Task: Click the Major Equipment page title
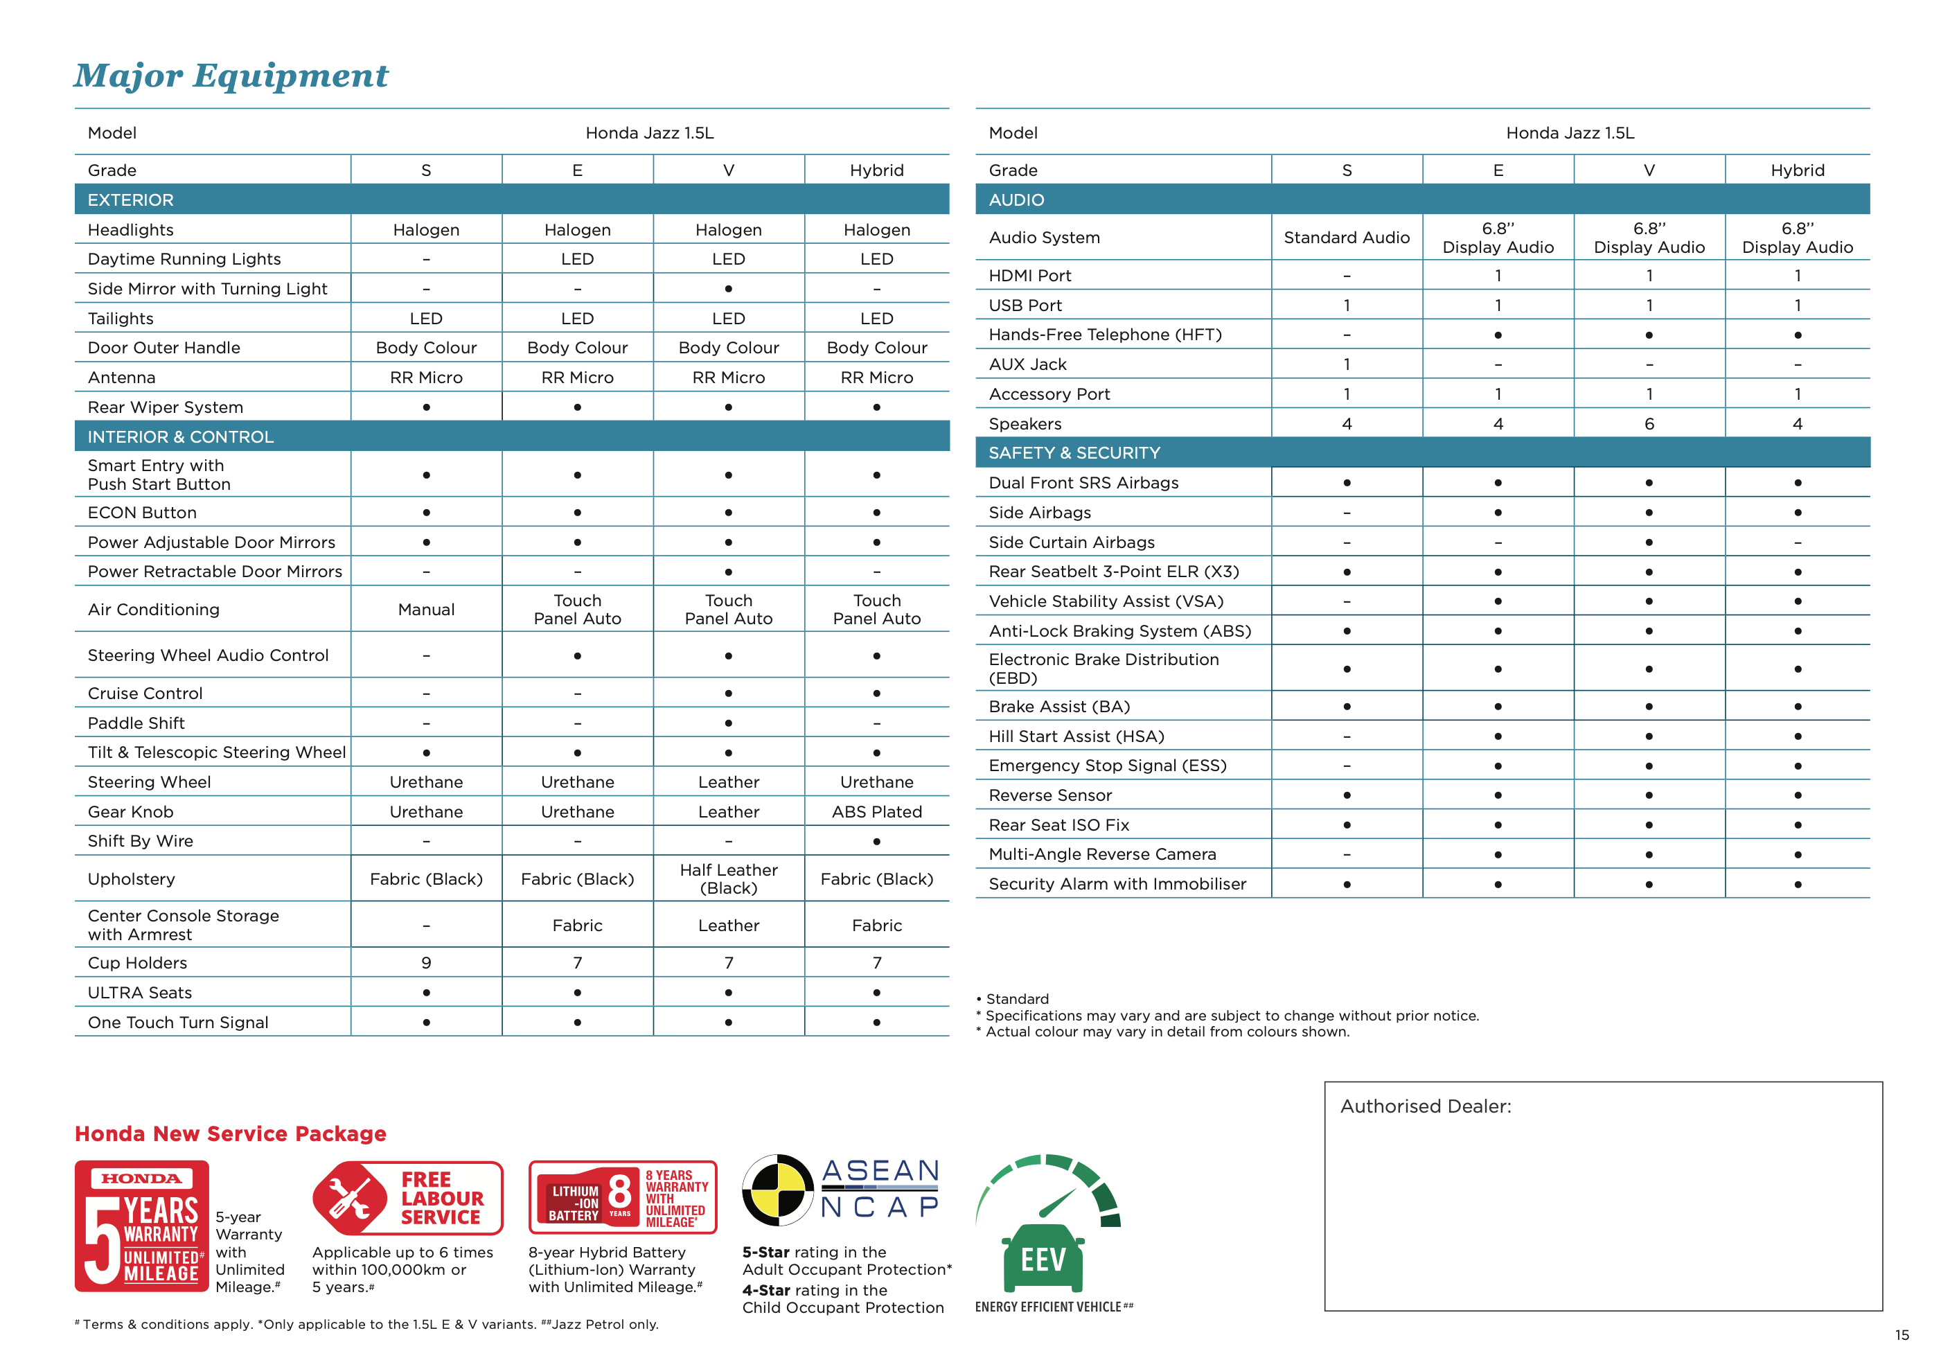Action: click(x=230, y=76)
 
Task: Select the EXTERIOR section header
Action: click(x=130, y=200)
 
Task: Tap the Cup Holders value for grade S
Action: click(x=426, y=962)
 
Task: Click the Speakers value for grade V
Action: click(x=1649, y=423)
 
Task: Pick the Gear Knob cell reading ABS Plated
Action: click(x=877, y=812)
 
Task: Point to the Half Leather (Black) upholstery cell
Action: click(x=728, y=878)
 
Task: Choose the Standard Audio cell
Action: click(x=1346, y=238)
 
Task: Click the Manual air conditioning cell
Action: click(x=426, y=610)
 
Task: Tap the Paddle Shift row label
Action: click(x=136, y=723)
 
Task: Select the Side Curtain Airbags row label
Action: click(x=1071, y=542)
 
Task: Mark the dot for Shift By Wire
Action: click(x=877, y=841)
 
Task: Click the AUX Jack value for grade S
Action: click(x=1346, y=364)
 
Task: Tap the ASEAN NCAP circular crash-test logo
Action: click(x=778, y=1190)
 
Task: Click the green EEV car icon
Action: click(x=1043, y=1257)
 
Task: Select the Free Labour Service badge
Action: click(x=407, y=1198)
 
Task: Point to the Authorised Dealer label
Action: click(x=1426, y=1106)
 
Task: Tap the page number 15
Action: click(x=1902, y=1334)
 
